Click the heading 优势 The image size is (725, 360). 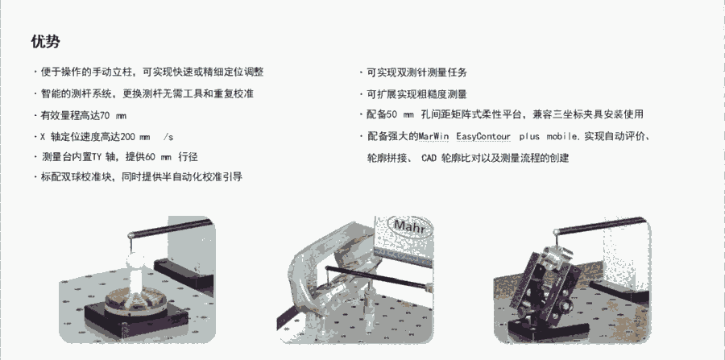(x=45, y=42)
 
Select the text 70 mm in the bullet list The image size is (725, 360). (x=114, y=115)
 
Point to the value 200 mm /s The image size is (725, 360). (x=147, y=137)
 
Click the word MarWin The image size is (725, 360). (x=433, y=137)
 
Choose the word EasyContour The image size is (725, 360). (x=483, y=137)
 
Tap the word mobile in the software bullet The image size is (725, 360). (x=561, y=137)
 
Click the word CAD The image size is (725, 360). (x=429, y=158)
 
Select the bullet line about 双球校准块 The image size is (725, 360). (x=139, y=176)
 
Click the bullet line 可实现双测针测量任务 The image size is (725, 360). (x=414, y=72)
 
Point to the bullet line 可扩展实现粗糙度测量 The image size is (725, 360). (x=414, y=94)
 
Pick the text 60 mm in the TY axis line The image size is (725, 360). (x=158, y=157)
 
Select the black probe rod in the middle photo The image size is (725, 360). (x=375, y=277)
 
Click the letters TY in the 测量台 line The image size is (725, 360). (x=96, y=157)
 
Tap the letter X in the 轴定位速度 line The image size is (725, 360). (x=43, y=137)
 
